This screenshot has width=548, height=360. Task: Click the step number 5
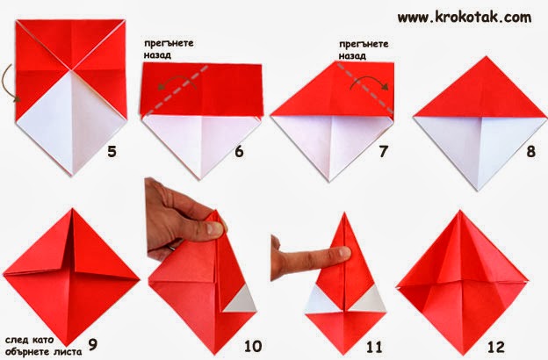click(112, 151)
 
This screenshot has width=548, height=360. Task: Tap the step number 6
click(239, 151)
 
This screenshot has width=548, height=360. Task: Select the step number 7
click(384, 151)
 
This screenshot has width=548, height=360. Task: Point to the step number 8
click(530, 151)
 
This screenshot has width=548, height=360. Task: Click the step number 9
click(92, 344)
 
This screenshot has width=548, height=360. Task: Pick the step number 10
click(253, 346)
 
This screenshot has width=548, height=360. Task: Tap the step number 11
click(374, 347)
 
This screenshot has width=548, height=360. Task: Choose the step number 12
click(496, 347)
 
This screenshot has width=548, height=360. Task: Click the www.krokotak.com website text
click(465, 18)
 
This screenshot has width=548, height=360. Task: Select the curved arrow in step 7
click(371, 82)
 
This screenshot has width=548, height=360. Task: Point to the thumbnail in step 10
click(214, 228)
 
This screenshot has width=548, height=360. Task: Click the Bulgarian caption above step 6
click(169, 49)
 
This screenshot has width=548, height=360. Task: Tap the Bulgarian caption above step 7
click(364, 50)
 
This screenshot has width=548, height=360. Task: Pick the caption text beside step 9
click(44, 346)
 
